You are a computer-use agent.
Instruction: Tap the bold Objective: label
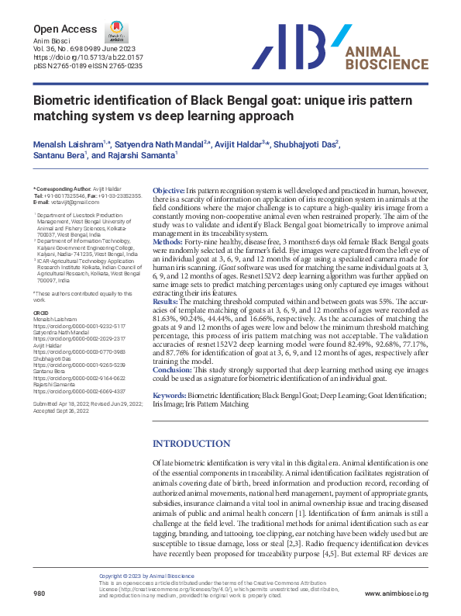pyautogui.click(x=168, y=191)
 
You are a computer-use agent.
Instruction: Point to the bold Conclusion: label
pyautogui.click(x=173, y=370)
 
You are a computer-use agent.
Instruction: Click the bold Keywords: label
pyautogui.click(x=170, y=396)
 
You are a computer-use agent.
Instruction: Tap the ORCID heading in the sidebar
pyautogui.click(x=41, y=313)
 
